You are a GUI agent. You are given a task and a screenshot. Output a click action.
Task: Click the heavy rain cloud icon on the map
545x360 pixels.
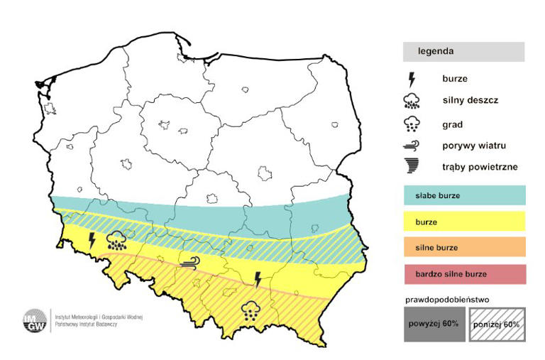click(117, 240)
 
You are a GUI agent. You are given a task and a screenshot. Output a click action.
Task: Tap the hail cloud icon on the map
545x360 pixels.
click(249, 310)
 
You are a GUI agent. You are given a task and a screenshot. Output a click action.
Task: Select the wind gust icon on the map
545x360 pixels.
click(189, 263)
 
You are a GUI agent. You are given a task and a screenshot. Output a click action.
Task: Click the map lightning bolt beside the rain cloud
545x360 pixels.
click(92, 240)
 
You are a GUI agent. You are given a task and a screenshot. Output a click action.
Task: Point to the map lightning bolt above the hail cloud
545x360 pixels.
click(258, 279)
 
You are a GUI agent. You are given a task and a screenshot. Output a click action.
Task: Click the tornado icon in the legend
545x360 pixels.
click(411, 167)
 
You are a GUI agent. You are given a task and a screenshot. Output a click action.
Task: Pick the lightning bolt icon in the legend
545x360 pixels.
click(411, 80)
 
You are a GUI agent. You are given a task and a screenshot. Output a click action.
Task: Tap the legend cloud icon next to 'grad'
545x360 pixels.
click(411, 125)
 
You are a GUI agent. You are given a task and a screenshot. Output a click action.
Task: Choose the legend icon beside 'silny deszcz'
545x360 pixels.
click(411, 101)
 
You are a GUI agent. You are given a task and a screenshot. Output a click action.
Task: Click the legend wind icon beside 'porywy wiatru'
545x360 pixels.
click(411, 146)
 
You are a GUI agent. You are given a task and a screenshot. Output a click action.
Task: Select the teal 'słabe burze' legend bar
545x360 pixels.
click(464, 195)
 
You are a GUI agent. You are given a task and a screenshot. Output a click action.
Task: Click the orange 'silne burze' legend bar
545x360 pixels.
click(464, 247)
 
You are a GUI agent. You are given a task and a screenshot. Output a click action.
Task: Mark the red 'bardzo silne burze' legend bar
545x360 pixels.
click(464, 273)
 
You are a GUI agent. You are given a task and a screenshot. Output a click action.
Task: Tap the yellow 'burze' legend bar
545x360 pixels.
click(464, 222)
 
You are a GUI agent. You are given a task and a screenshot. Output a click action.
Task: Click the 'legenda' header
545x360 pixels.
click(463, 52)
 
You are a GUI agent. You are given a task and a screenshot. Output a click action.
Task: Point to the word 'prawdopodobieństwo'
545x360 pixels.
click(449, 300)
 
